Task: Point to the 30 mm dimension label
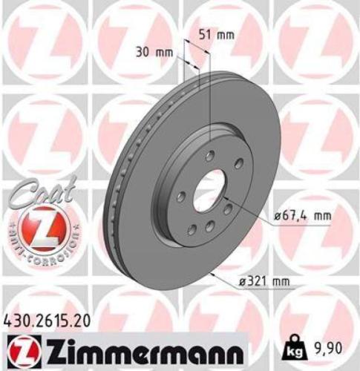156,51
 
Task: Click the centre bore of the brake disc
209,190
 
